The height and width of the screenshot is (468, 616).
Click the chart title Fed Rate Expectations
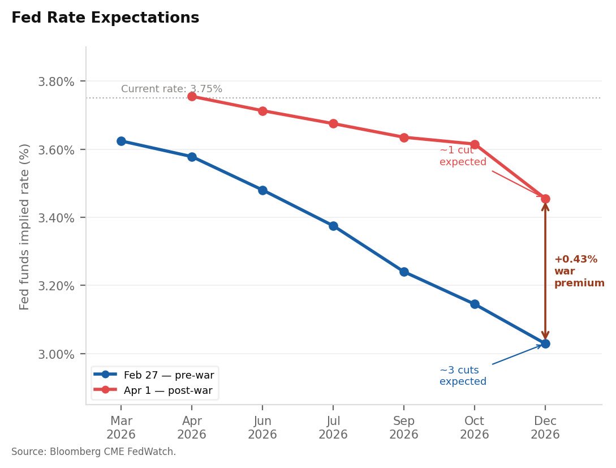point(105,18)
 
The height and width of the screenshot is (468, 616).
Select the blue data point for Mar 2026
point(121,141)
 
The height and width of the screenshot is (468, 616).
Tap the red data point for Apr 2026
point(192,96)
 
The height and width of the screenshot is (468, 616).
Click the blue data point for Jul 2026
point(333,226)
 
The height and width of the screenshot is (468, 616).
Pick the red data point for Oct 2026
point(475,144)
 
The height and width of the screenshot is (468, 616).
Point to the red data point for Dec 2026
point(545,199)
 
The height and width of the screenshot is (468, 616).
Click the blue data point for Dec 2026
point(545,344)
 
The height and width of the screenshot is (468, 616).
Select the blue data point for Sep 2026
point(404,272)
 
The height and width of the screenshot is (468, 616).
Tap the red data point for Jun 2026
point(262,111)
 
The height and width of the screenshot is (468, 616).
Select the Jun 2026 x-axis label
point(262,428)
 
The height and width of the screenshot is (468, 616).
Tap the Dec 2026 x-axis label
point(545,428)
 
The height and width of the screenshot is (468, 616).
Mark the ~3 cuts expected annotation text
point(463,376)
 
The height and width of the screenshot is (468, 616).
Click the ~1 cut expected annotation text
point(463,156)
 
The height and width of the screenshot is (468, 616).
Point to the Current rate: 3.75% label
point(171,89)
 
